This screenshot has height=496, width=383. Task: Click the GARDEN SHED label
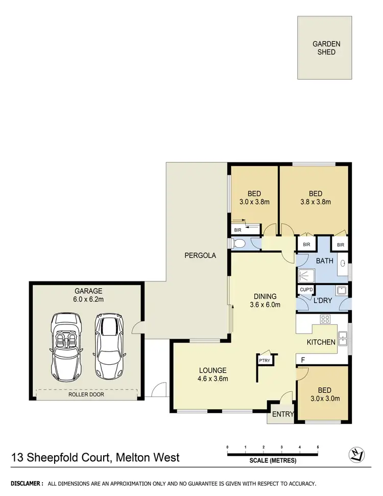(x=326, y=48)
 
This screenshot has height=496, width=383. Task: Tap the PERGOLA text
(x=200, y=255)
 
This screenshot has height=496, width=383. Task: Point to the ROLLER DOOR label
(x=87, y=394)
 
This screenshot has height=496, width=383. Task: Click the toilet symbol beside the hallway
(x=238, y=245)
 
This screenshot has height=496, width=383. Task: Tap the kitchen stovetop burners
(x=325, y=320)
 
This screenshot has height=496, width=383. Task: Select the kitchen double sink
(x=344, y=338)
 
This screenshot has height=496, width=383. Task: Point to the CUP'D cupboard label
(x=306, y=290)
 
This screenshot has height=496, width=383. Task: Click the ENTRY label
(x=282, y=414)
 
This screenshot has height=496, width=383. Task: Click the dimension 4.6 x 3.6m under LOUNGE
(x=213, y=379)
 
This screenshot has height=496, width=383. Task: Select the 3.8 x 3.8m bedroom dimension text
(x=315, y=202)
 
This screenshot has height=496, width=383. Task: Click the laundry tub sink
(x=343, y=292)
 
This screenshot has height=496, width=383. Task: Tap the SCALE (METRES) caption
(x=272, y=460)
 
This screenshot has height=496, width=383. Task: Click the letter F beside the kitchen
(x=303, y=360)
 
